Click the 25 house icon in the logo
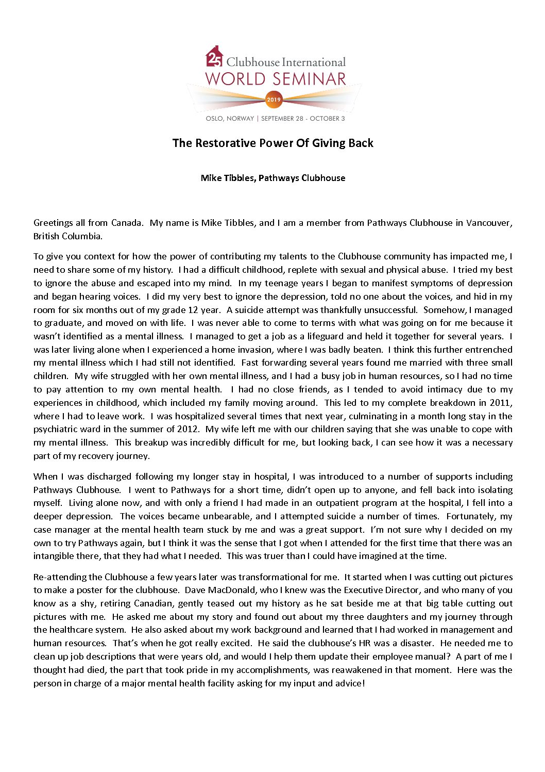(x=214, y=57)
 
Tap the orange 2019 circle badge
(x=274, y=100)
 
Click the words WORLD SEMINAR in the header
(x=276, y=79)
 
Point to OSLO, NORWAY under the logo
(x=229, y=119)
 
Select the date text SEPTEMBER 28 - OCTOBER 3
(x=303, y=119)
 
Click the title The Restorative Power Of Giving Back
(x=272, y=143)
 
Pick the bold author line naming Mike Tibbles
(x=272, y=178)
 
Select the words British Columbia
(x=67, y=236)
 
